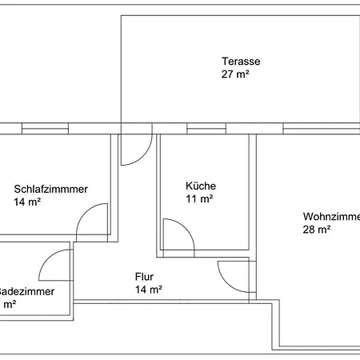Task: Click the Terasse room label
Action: coord(241,62)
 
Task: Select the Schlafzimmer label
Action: coord(51,190)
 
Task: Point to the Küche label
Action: coord(200,186)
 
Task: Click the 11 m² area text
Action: coord(198,198)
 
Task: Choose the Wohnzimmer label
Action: coord(330,216)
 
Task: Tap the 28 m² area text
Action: coord(317,230)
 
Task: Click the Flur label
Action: coord(144,277)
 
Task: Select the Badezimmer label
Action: coord(27,292)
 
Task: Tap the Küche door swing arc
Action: coord(179,236)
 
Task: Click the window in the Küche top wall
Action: coord(201,128)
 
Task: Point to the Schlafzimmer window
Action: coord(44,128)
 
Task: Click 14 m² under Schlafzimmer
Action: coord(27,202)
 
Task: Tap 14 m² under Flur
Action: coord(149,290)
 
